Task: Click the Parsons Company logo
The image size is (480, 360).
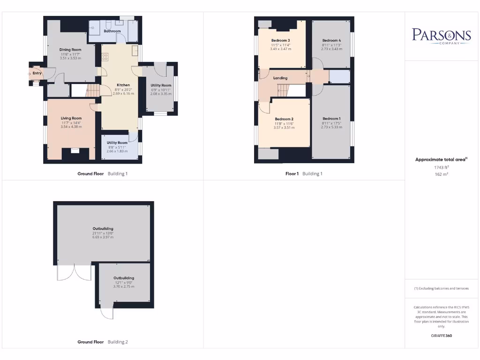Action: [x=441, y=36]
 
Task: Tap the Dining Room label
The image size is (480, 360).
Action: [x=70, y=50]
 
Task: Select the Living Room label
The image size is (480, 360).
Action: [x=71, y=118]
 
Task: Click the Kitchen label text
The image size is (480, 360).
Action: [x=123, y=85]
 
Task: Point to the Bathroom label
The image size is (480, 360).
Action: [x=112, y=31]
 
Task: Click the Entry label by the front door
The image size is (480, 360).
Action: [x=37, y=73]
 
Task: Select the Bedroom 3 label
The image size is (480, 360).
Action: [x=280, y=40]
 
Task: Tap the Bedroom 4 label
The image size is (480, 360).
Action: [x=331, y=40]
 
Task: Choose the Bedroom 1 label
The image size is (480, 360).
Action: [x=331, y=119]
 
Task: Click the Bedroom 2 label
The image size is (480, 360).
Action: [x=284, y=119]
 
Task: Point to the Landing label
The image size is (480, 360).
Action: [x=280, y=78]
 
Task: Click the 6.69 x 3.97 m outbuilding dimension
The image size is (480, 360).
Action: [x=103, y=237]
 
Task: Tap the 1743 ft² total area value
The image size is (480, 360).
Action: [x=441, y=167]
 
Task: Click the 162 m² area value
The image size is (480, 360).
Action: [x=441, y=174]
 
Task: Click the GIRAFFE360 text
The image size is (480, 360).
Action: [x=441, y=336]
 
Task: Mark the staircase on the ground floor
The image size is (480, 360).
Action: [x=94, y=90]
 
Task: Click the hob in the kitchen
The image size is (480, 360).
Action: [x=105, y=57]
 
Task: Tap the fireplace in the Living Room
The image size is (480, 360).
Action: [x=75, y=150]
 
